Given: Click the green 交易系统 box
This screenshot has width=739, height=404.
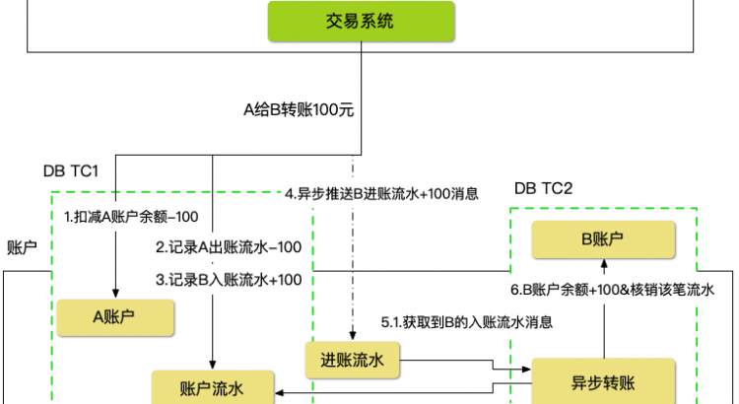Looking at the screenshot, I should click(x=361, y=21).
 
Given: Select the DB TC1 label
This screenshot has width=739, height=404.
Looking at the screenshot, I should click(x=71, y=170).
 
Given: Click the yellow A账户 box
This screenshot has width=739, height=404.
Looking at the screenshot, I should click(x=114, y=316).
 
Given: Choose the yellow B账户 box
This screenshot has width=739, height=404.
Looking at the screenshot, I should click(x=604, y=238).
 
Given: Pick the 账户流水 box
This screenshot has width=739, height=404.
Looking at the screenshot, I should click(x=212, y=387).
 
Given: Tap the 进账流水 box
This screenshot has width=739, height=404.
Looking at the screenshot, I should click(x=352, y=361).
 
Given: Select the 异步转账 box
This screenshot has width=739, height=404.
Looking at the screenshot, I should click(x=604, y=379).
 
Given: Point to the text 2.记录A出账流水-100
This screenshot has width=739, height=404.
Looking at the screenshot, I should click(x=229, y=246).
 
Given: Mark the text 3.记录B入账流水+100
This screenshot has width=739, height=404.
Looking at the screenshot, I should click(x=229, y=280).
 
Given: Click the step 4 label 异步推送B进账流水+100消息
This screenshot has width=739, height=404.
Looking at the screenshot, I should click(x=381, y=194).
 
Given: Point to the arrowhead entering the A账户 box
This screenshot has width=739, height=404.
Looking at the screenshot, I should click(x=116, y=294).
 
